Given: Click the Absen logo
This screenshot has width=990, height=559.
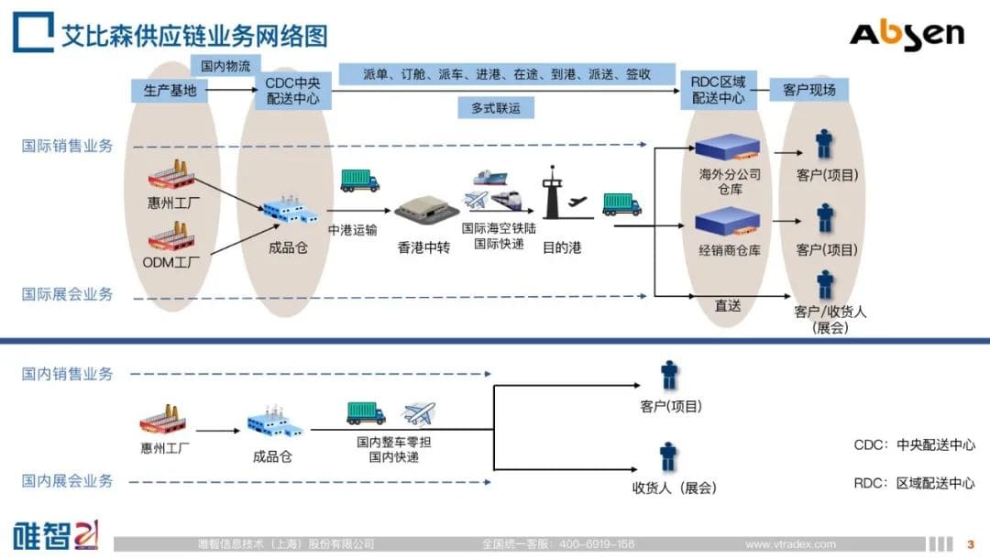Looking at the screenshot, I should tap(907, 35).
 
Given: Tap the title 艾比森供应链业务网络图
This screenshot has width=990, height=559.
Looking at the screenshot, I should tap(193, 36).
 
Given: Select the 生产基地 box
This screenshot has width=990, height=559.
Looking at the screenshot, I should tap(170, 90).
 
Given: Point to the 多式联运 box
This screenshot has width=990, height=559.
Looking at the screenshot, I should tap(496, 108).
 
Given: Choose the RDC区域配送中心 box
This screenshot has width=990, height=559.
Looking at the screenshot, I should tap(719, 90).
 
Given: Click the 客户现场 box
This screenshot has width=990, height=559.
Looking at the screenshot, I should tap(808, 90).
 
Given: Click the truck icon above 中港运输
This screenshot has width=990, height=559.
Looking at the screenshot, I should tap(359, 180).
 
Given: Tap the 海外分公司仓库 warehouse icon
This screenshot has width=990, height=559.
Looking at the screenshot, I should tap(728, 148).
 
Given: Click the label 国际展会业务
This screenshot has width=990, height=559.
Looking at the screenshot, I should tap(68, 294).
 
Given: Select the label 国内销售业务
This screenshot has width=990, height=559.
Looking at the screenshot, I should tap(68, 373).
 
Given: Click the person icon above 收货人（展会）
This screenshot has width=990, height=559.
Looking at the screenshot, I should tap(668, 456).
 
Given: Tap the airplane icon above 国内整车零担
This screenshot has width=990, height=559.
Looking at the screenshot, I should tap(419, 413).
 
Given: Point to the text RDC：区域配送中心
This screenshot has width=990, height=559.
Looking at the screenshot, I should tap(914, 483).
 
